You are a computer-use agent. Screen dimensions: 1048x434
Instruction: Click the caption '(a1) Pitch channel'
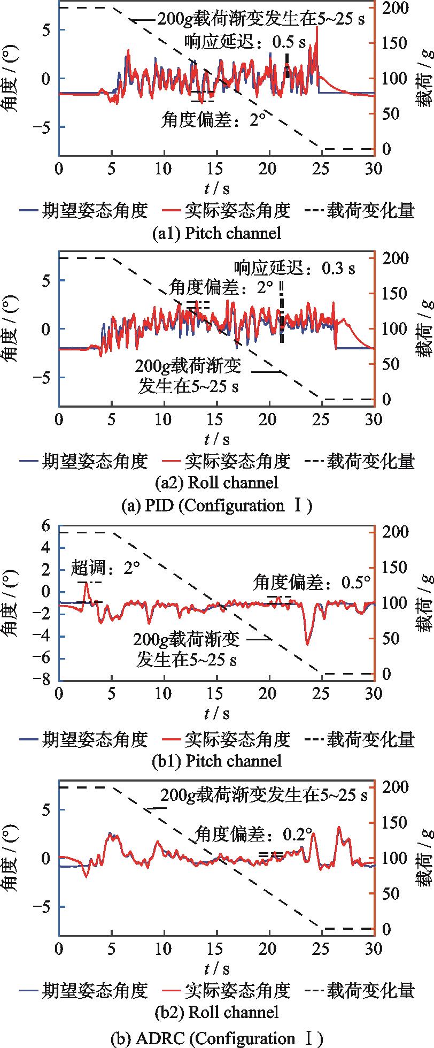pos(216,233)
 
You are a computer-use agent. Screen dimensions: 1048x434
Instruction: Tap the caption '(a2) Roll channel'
pos(216,483)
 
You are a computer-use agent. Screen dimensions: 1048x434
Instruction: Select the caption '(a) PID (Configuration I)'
pos(216,506)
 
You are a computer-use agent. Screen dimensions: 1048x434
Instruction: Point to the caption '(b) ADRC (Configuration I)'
pos(216,1038)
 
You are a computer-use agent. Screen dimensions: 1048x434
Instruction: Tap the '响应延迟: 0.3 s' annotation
pos(294,267)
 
